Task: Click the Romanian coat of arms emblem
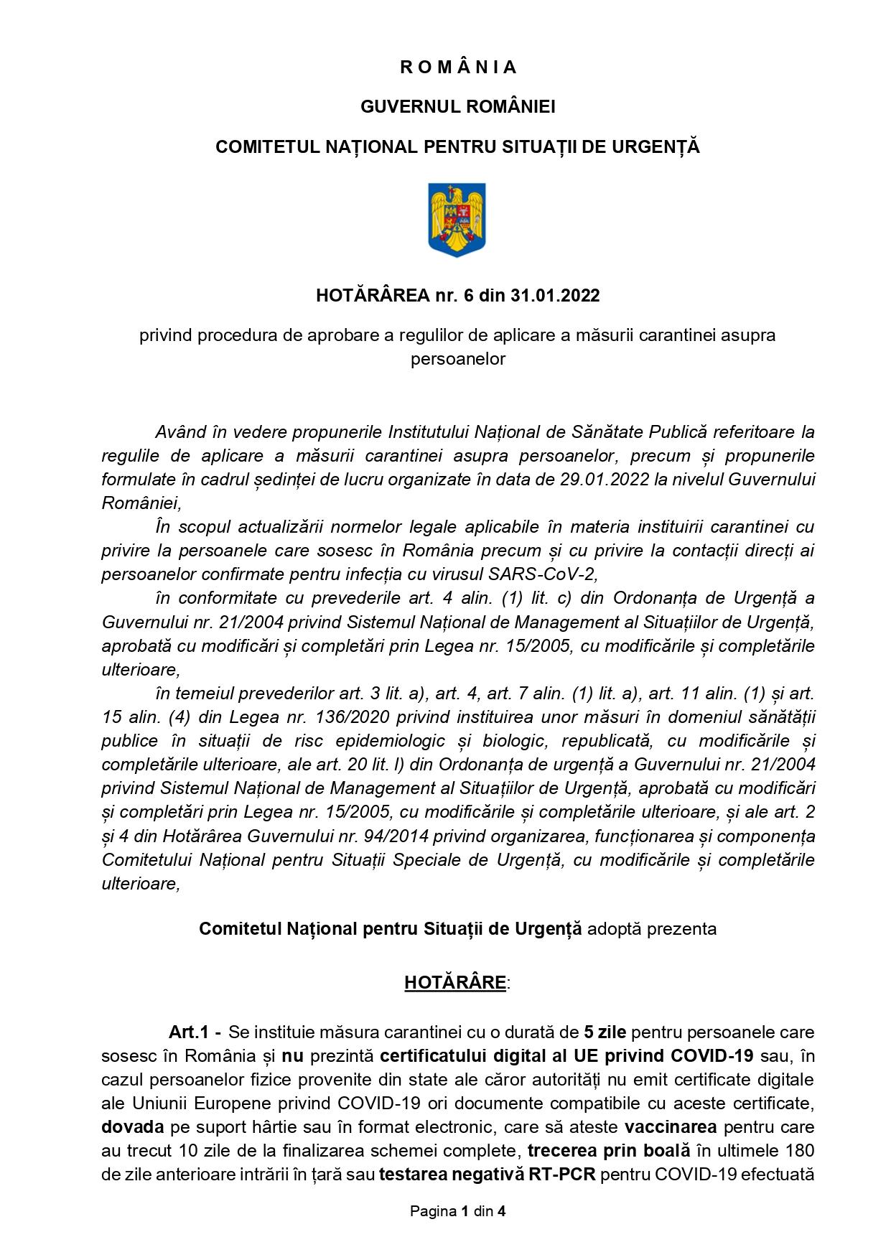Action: [457, 220]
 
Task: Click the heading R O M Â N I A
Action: [457, 67]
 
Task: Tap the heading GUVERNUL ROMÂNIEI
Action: [457, 107]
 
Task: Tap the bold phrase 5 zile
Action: [605, 1032]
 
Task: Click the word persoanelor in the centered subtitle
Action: [457, 359]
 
